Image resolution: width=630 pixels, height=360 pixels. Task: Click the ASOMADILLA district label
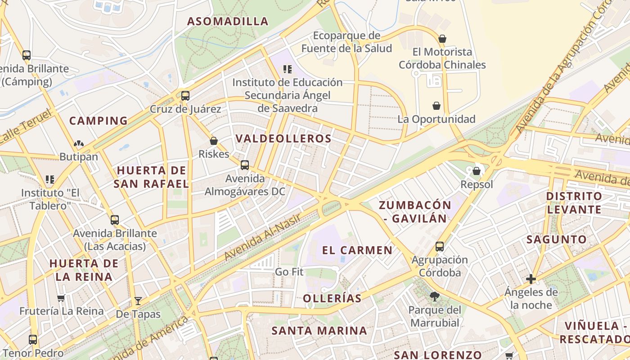pos(228,21)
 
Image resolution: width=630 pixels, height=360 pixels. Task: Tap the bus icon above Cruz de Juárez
pos(185,96)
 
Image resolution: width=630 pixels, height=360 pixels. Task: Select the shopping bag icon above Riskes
pos(214,141)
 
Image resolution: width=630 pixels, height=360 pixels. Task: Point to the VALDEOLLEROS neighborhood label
pos(283,139)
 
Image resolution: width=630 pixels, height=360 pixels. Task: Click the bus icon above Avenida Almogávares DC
pos(245,165)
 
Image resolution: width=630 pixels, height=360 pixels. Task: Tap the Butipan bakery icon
pos(79,144)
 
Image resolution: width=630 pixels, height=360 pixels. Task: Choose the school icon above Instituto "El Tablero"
pos(50,180)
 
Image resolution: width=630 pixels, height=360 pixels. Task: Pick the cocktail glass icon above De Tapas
pos(138,301)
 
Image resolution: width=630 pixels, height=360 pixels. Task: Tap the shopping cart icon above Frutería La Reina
pos(61,298)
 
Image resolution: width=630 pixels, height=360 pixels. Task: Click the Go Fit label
pos(289,272)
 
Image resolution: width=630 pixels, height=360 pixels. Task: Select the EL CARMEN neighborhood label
pos(357,251)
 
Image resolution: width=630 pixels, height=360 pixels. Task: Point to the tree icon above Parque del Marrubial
pos(435,296)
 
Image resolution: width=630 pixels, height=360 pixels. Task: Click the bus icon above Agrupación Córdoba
pos(440,247)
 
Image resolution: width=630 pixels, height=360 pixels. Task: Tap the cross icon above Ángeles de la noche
pos(531,279)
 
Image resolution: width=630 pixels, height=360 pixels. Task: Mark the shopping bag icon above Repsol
pos(477,171)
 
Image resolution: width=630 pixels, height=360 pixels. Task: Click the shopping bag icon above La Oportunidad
pos(436,106)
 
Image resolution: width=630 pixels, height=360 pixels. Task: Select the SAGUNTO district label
pos(557,239)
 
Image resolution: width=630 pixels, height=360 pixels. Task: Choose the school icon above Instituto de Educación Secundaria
pos(287,69)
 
